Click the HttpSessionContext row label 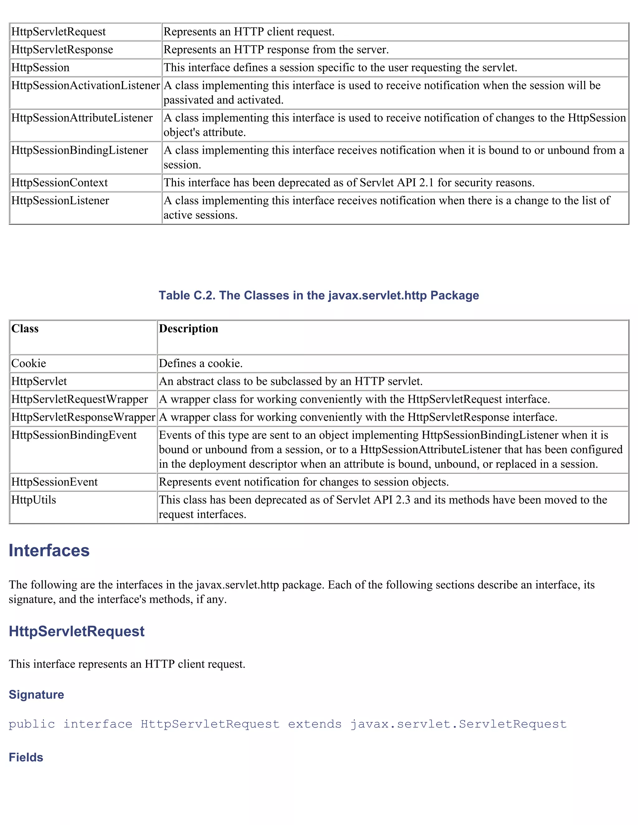(59, 183)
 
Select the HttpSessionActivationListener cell (85, 86)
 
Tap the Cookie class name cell (29, 363)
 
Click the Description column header (188, 329)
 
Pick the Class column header (25, 329)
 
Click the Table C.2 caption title (319, 295)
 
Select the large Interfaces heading (49, 551)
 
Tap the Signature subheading (36, 695)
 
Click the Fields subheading (26, 757)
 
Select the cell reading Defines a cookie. (201, 363)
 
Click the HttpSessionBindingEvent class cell (74, 435)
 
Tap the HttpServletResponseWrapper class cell (83, 417)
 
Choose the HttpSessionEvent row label (55, 482)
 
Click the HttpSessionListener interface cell (60, 200)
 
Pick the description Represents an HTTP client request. (249, 32)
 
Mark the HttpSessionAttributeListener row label (82, 118)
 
